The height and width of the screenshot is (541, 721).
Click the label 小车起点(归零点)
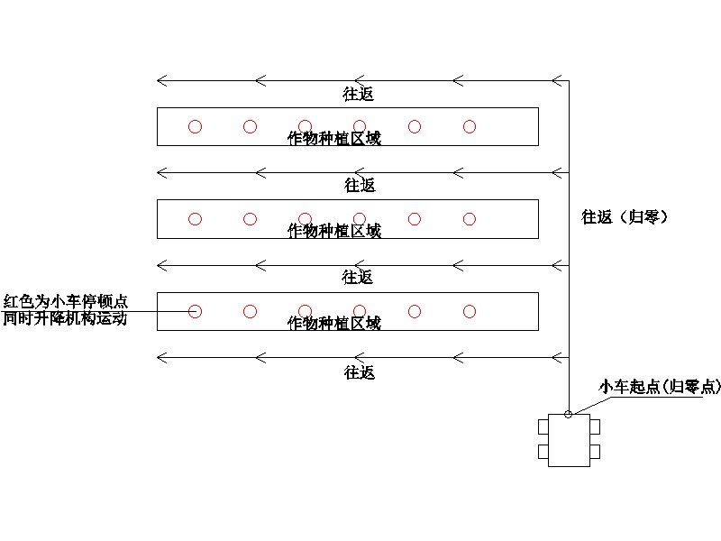[661, 387]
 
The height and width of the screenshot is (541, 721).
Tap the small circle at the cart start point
[568, 414]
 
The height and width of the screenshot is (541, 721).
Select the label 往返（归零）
[624, 216]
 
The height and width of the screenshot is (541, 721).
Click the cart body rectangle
[569, 440]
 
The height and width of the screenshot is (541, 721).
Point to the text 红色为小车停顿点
[65, 301]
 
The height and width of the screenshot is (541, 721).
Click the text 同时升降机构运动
[65, 318]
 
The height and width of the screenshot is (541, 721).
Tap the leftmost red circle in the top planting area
[195, 127]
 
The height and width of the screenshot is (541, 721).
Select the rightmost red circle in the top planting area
[470, 127]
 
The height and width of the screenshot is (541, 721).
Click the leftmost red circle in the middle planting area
[195, 219]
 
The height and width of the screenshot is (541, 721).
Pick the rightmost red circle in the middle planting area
[470, 219]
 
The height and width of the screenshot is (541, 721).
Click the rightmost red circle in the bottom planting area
[470, 312]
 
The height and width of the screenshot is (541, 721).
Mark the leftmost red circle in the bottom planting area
[195, 312]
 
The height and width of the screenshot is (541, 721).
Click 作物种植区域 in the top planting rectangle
[333, 139]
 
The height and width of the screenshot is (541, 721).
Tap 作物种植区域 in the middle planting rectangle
[333, 231]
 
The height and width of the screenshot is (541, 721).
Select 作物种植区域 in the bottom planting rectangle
[333, 323]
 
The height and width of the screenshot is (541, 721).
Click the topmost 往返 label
[359, 93]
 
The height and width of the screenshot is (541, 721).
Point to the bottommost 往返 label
[359, 371]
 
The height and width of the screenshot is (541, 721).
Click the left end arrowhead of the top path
[161, 81]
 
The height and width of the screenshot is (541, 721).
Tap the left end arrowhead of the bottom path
[161, 357]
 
